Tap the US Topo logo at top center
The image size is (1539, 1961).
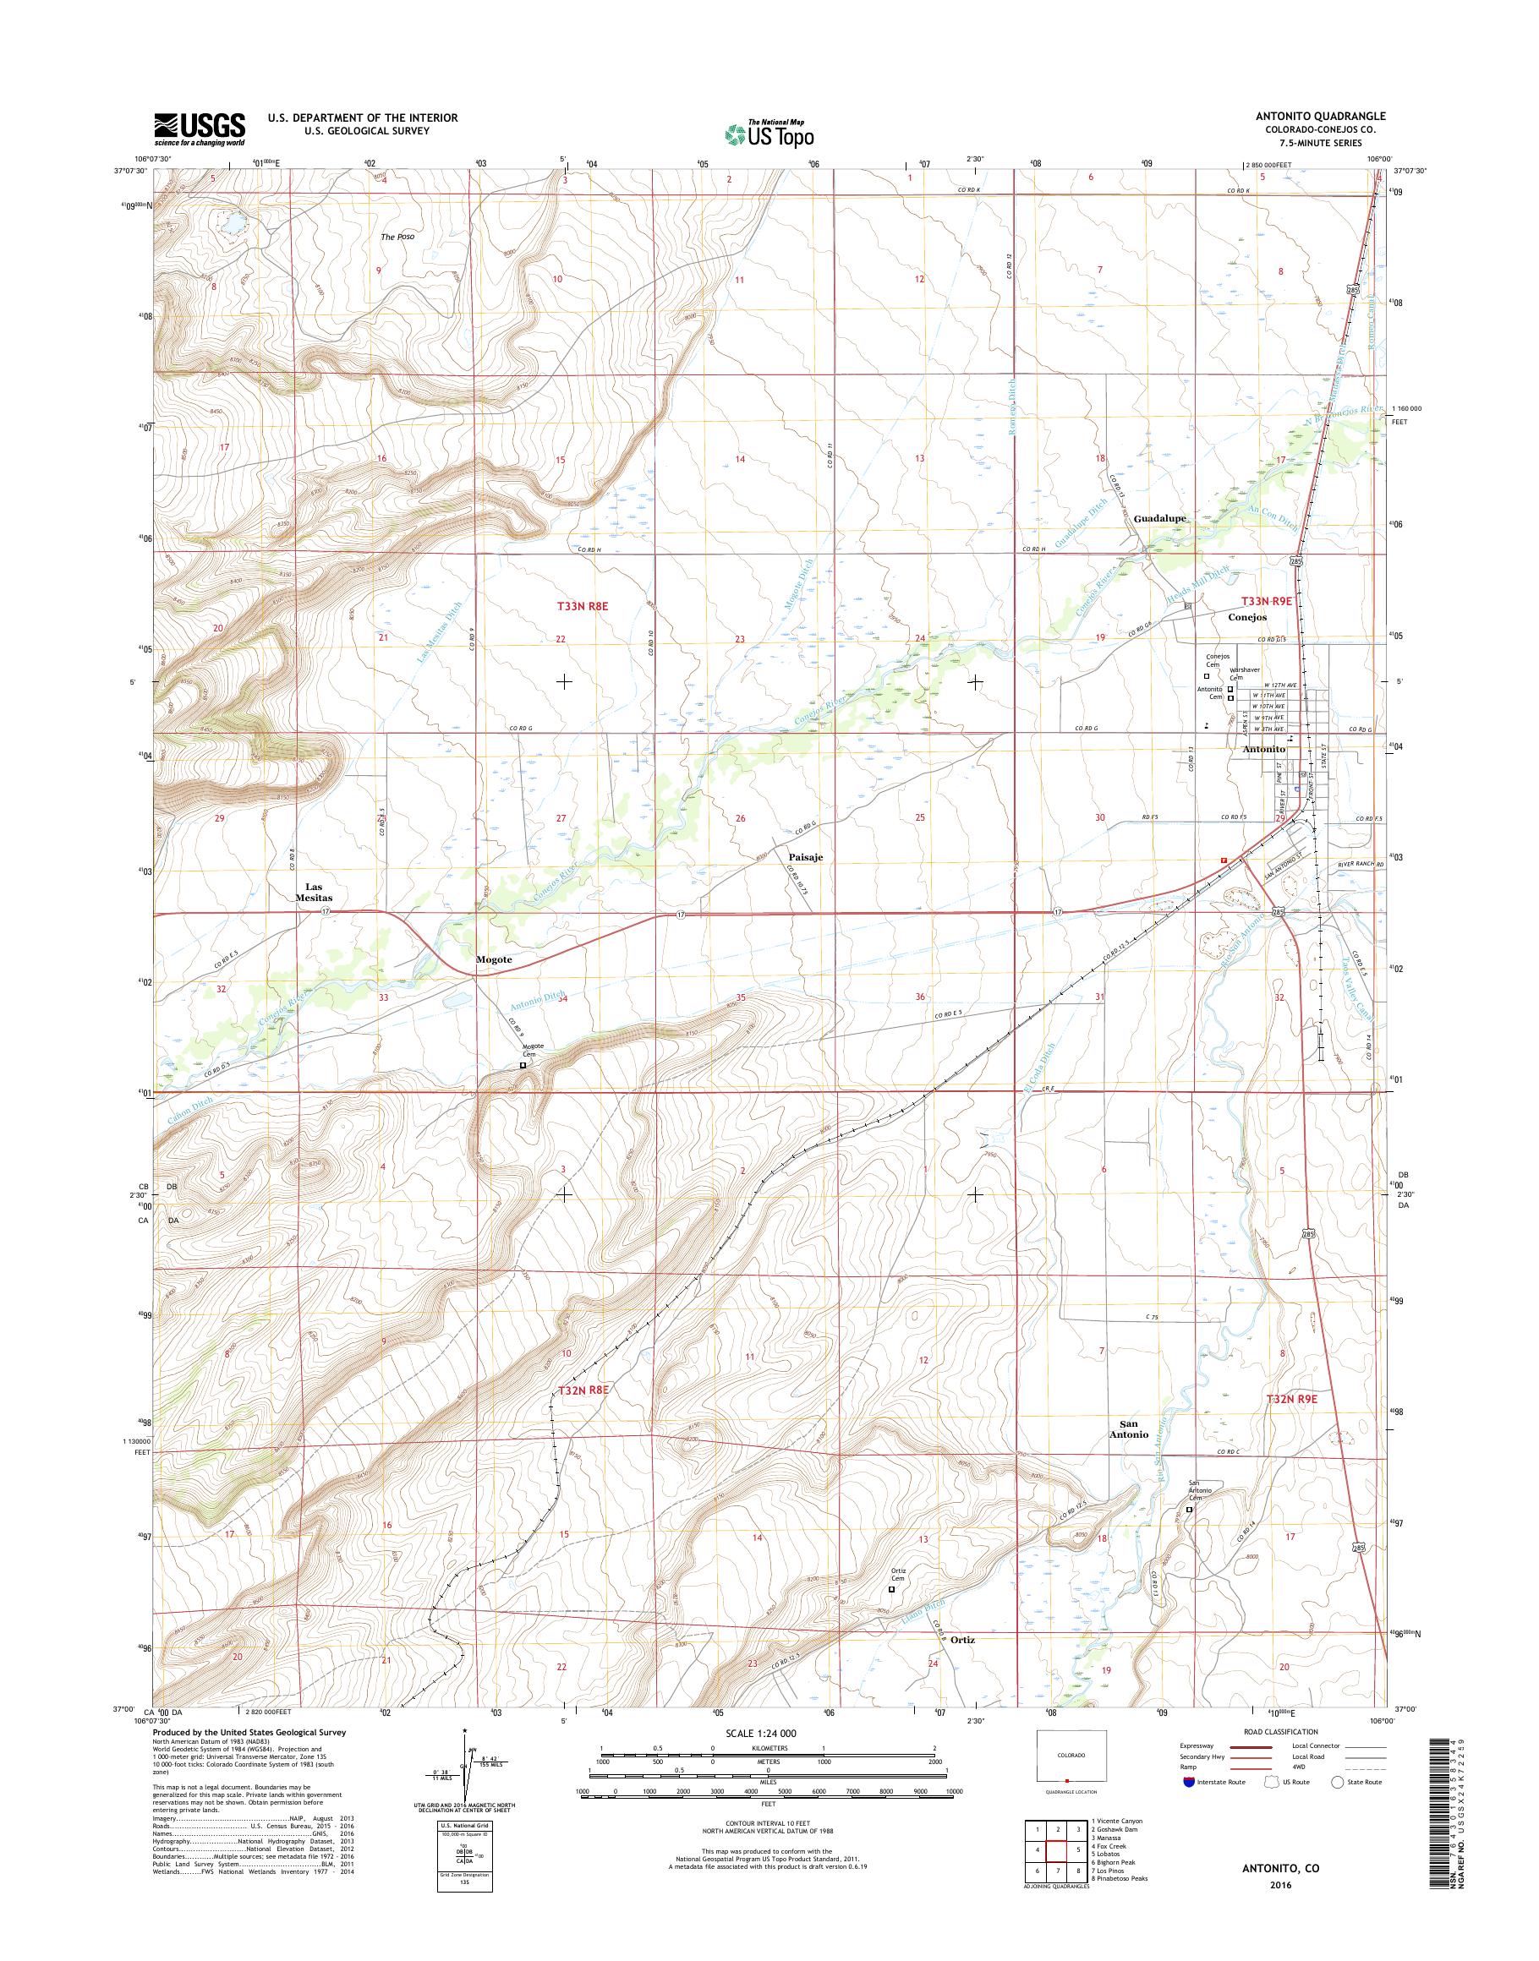[x=769, y=134]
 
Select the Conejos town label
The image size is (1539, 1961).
[x=1248, y=617]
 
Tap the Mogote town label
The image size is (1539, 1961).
[x=494, y=959]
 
